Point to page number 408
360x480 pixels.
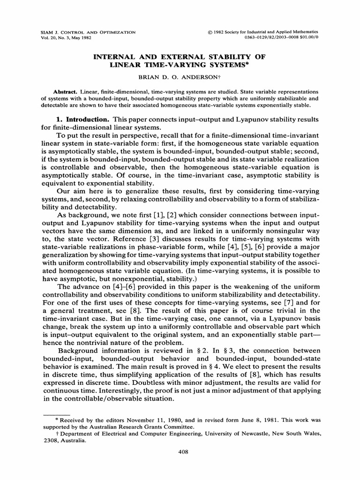tap(180, 451)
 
